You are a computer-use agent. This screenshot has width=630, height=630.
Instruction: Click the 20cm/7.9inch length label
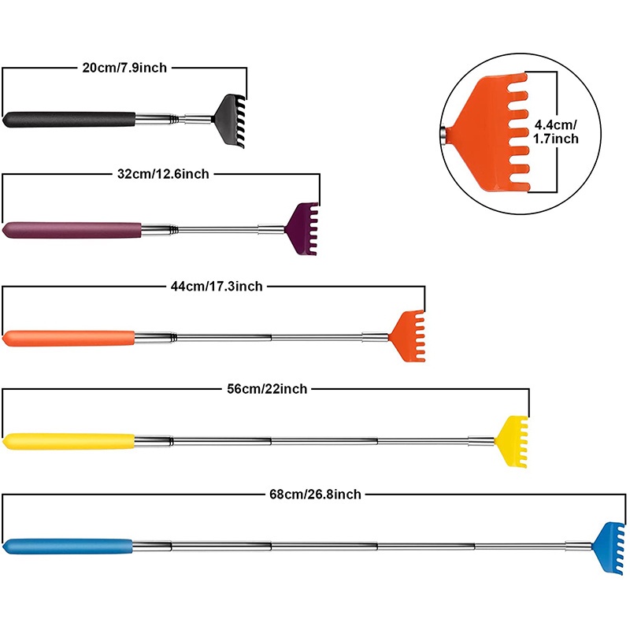coord(124,68)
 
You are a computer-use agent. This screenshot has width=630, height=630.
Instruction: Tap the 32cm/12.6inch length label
coord(163,174)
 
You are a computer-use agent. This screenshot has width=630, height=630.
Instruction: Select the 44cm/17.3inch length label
coord(217,286)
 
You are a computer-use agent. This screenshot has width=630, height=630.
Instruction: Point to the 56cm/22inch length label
coord(267,389)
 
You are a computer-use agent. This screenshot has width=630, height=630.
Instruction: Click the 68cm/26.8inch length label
coord(316,494)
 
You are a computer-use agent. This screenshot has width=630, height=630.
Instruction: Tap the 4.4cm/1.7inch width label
coord(556,132)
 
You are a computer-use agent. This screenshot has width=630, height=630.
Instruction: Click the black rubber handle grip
coord(69,120)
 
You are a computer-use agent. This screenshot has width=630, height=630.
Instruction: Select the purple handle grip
coord(72,230)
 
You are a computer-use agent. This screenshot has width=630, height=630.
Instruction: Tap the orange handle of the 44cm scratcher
coord(69,339)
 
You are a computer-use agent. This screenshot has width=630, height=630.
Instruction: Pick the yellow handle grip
coord(69,441)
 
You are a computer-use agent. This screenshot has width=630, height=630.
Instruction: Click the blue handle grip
coord(68,547)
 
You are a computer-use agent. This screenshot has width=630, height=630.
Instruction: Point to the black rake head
coord(229,120)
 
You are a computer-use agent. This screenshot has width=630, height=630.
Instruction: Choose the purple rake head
coord(302,228)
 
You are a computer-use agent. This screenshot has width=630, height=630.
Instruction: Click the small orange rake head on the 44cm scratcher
coord(406,336)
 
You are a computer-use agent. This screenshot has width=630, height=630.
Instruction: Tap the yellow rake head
coord(511,442)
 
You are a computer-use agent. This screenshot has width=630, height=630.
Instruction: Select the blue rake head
coord(609,547)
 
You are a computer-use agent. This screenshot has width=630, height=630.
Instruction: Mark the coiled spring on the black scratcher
coord(174,119)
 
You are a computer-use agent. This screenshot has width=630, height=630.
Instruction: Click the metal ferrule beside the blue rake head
coord(579,546)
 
